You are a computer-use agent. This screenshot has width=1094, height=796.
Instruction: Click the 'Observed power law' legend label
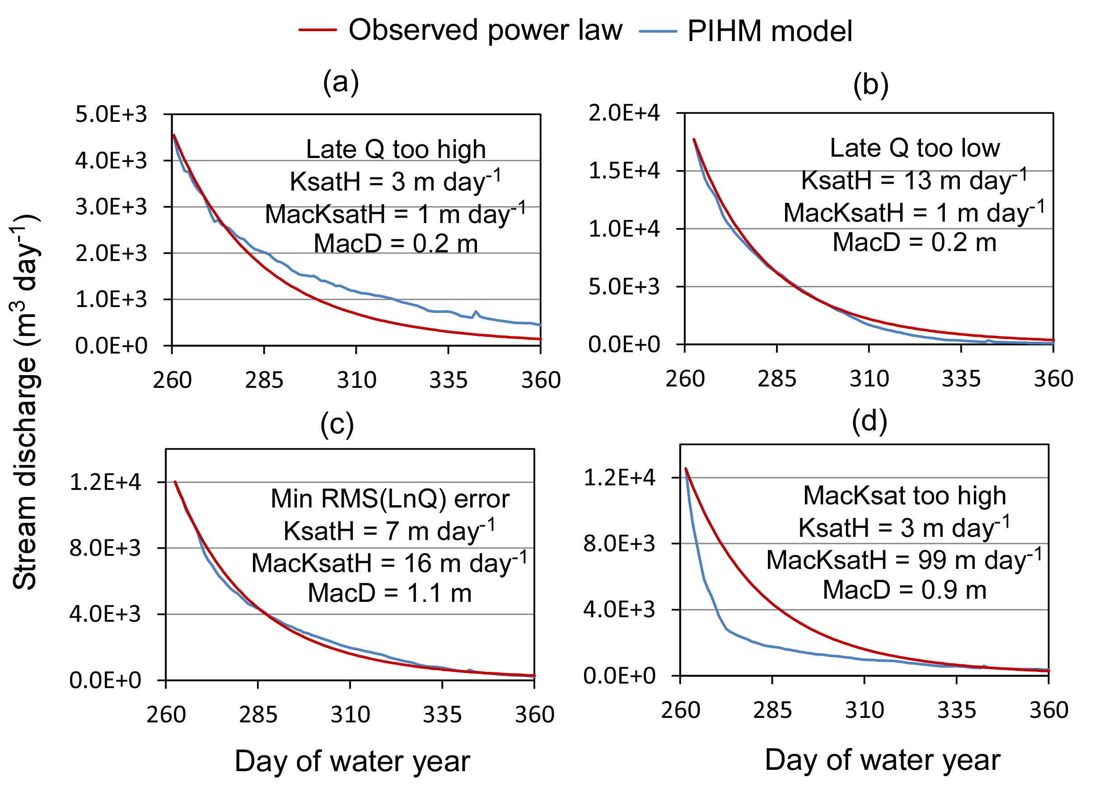(x=485, y=30)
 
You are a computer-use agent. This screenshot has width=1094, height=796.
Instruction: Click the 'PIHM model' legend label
(x=770, y=31)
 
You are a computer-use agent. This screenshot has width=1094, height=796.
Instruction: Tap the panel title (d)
(x=869, y=421)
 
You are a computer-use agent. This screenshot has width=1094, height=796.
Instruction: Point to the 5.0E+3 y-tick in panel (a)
(x=111, y=115)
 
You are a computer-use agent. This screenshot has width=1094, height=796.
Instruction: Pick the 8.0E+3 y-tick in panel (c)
(x=105, y=548)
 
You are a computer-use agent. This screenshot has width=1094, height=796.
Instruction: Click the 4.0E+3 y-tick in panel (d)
(x=619, y=610)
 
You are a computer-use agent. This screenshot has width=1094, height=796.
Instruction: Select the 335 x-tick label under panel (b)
(x=961, y=379)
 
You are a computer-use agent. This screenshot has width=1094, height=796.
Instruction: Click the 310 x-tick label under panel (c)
(x=350, y=715)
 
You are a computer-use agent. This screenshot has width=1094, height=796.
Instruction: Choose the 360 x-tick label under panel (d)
(x=1049, y=711)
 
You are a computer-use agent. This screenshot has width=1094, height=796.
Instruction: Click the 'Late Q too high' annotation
(x=396, y=149)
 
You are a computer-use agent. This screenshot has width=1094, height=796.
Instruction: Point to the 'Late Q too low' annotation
(x=915, y=148)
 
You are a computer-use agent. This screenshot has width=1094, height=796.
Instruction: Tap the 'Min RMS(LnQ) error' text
(x=390, y=498)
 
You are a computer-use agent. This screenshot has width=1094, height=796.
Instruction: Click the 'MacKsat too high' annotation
(x=904, y=495)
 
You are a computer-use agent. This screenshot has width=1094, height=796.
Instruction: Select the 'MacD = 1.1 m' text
(x=390, y=593)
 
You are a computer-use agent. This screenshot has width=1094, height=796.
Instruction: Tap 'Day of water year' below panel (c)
(x=352, y=762)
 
